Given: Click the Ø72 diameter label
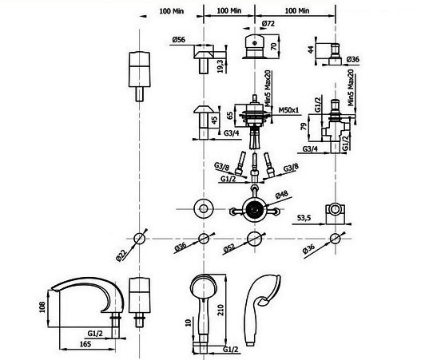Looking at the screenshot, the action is click(268, 24).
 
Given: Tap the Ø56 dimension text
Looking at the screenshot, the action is click(179, 40).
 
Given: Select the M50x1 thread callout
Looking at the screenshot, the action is click(288, 110).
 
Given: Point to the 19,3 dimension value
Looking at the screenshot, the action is click(220, 66).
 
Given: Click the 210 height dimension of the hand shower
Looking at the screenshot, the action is click(220, 310).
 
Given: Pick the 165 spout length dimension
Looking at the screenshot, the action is click(85, 343).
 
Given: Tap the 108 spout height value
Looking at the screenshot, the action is click(42, 307).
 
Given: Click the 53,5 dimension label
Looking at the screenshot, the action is click(304, 218).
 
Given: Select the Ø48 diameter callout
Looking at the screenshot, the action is click(282, 195).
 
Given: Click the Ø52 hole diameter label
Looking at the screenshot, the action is click(229, 249).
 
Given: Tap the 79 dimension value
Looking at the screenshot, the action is click(304, 126).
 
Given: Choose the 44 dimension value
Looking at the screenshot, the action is click(311, 49).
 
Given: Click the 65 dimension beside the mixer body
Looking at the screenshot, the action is click(230, 116).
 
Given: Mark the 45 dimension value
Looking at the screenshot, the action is click(214, 120).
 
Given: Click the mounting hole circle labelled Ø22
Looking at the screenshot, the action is click(139, 238).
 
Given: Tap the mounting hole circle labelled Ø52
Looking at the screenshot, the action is click(254, 239).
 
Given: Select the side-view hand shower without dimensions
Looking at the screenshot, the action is click(262, 310).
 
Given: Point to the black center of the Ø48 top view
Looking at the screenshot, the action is click(254, 209).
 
